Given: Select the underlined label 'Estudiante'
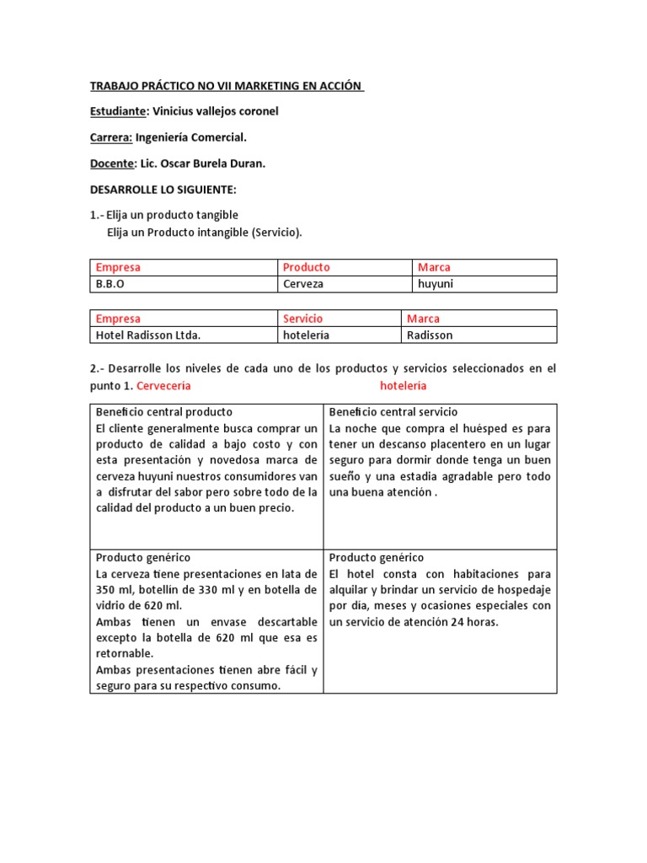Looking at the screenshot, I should tap(118, 111).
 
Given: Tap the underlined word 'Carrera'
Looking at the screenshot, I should tap(111, 137).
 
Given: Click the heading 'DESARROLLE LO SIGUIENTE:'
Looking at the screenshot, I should tap(163, 190).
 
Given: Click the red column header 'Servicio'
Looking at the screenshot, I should tap(302, 319).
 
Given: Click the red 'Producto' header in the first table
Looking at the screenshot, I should tap(307, 267).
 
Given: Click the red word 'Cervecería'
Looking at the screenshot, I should tap(163, 385).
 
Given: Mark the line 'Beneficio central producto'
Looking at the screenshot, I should tap(163, 412).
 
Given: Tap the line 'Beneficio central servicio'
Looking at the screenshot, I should tap(393, 412).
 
